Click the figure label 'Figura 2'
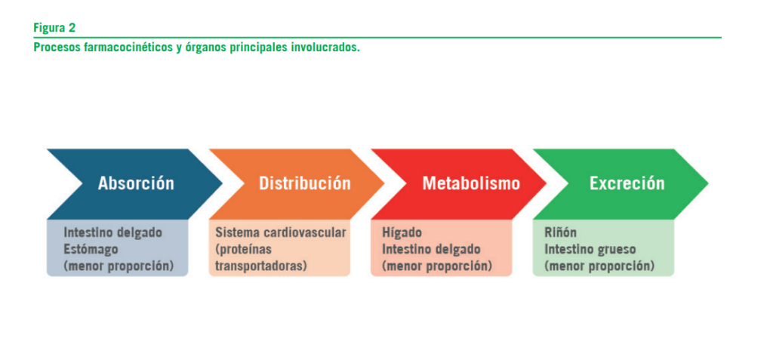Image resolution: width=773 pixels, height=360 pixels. tap(54, 28)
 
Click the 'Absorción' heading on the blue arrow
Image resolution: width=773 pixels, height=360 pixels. tap(136, 183)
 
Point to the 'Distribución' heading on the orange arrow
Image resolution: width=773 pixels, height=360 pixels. tap(305, 183)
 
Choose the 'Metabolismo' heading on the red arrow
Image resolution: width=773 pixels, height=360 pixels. tap(471, 183)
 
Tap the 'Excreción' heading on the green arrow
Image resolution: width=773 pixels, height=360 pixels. tap(627, 183)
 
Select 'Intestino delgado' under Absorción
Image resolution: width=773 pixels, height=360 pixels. tap(113, 232)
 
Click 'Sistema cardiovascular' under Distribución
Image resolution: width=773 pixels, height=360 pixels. tap(281, 232)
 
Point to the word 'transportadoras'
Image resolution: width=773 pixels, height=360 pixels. tap(261, 266)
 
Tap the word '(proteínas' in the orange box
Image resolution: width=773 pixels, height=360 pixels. tap(244, 250)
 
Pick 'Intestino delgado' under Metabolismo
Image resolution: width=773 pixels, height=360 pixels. tap(431, 250)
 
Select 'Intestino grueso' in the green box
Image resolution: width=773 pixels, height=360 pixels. tap(590, 250)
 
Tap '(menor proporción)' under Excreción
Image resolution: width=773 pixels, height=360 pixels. tap(599, 266)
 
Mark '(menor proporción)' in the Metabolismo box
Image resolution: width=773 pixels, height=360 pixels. tap(437, 266)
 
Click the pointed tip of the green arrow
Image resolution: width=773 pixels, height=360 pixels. tap(708, 183)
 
